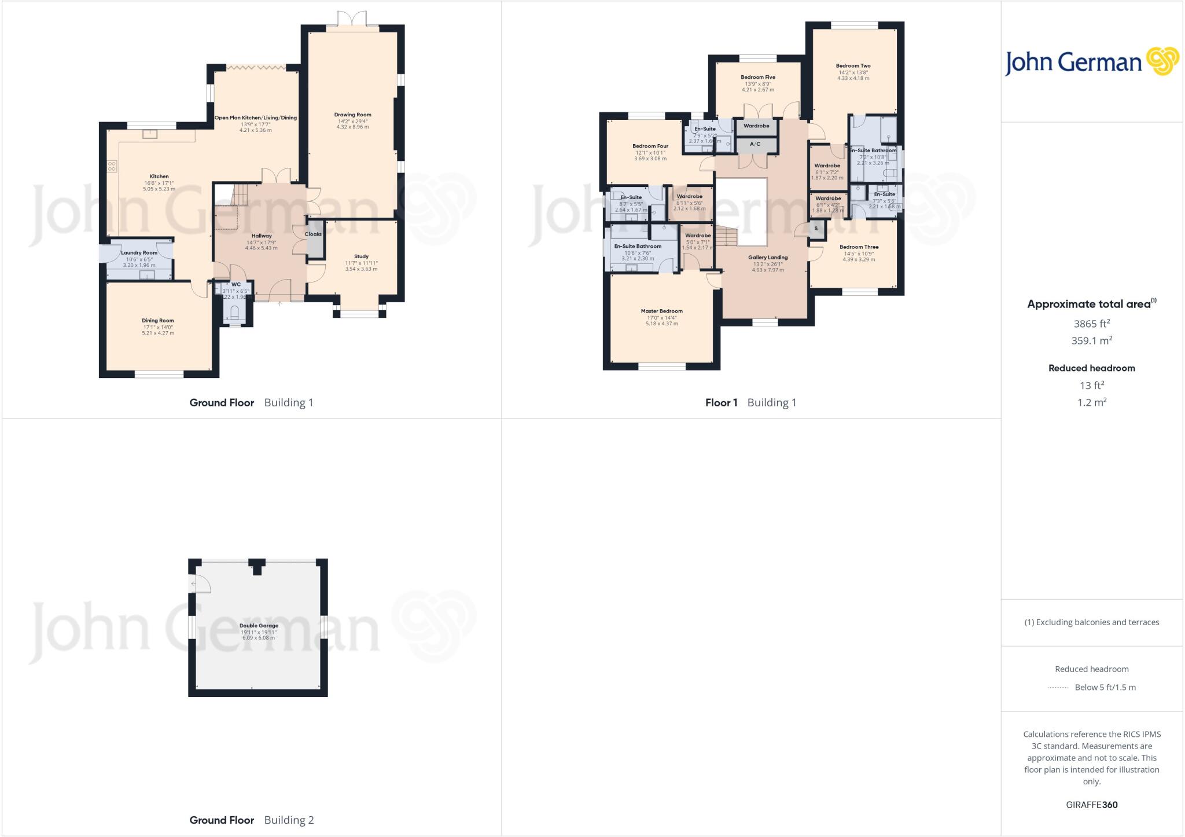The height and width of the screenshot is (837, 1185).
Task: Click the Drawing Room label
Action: coord(352,115)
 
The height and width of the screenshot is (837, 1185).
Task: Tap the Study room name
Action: coord(361,256)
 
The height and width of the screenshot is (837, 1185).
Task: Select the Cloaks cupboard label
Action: coord(313,234)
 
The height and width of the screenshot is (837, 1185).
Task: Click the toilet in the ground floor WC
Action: coord(235,313)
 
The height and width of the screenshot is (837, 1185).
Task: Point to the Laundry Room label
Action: coord(139,253)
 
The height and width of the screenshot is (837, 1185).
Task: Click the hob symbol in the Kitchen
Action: coord(112,167)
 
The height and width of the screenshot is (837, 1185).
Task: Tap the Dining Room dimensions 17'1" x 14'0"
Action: coord(158,327)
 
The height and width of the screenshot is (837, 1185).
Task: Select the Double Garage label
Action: coord(259,626)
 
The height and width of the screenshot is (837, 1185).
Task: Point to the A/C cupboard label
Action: coord(755,144)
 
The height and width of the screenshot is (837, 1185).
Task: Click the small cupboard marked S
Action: coord(816,229)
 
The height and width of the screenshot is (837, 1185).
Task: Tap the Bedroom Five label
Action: coord(758,77)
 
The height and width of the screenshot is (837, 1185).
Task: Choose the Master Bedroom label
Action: coord(662,311)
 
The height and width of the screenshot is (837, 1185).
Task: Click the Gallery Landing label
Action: coord(768,258)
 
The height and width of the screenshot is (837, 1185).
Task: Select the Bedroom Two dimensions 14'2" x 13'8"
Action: coord(853,72)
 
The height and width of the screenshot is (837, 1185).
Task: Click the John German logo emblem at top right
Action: coord(1162,61)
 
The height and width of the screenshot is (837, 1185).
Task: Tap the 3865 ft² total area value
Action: coord(1091,324)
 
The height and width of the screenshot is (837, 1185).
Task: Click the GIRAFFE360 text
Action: coord(1091,805)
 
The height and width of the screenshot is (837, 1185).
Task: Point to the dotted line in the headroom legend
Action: coord(1058,688)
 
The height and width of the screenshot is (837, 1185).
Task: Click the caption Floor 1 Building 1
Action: coord(750,403)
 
